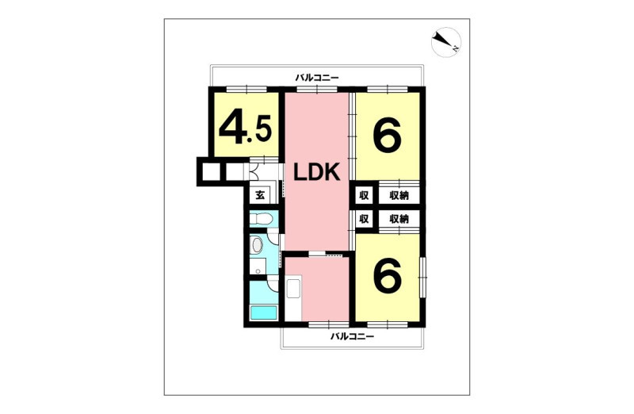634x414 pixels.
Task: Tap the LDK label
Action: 316,173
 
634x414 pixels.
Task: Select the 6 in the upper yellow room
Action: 388,136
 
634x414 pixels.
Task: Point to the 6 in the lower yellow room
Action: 388,274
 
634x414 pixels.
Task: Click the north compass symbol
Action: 446,42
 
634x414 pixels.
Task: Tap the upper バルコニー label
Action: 316,77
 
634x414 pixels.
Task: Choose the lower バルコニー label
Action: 352,336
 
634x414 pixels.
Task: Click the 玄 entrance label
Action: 260,195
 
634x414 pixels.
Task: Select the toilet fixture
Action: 261,220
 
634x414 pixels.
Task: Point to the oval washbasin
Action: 257,245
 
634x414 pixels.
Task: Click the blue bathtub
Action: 263,312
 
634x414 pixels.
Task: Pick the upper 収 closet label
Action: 364,196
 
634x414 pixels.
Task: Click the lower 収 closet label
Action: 364,220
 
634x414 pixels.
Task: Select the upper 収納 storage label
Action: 399,196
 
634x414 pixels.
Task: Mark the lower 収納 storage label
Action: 399,220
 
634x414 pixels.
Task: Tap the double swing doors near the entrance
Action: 254,171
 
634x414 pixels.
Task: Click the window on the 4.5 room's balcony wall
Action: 246,90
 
